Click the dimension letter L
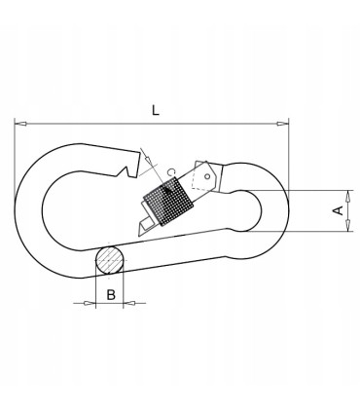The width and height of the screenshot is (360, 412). [156, 110]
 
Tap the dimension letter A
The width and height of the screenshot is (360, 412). [338, 210]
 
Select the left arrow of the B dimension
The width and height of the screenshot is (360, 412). [90, 303]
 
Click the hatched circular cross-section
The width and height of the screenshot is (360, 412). [110, 261]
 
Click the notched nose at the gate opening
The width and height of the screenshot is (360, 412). [126, 168]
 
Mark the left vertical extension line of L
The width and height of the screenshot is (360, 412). [16, 146]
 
